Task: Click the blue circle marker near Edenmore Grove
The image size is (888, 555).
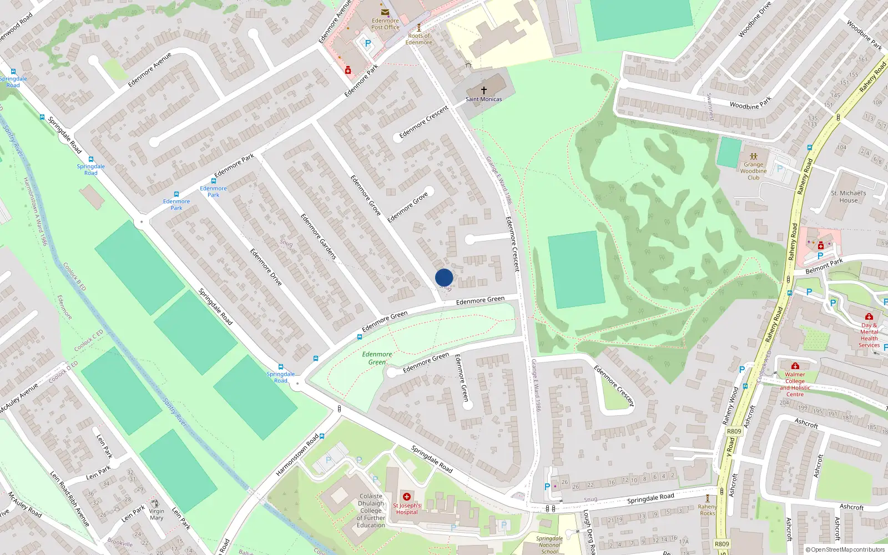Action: pyautogui.click(x=444, y=277)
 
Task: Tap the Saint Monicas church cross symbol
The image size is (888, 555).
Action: pyautogui.click(x=483, y=90)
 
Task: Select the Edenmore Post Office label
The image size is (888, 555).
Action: pyautogui.click(x=385, y=24)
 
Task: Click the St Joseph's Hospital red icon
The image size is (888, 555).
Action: pyautogui.click(x=407, y=497)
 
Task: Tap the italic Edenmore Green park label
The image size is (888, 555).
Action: pyautogui.click(x=377, y=358)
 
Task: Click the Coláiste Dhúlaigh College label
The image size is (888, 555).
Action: pyautogui.click(x=371, y=511)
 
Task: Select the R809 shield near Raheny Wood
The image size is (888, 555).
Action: pyautogui.click(x=734, y=431)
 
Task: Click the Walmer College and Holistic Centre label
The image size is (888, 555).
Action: pyautogui.click(x=795, y=384)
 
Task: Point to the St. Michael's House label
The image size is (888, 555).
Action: pyautogui.click(x=848, y=196)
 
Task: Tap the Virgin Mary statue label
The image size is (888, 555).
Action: pyautogui.click(x=157, y=514)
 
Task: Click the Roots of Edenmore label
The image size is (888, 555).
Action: pyautogui.click(x=418, y=39)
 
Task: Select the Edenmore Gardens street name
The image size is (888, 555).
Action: pyautogui.click(x=319, y=236)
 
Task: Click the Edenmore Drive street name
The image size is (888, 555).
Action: pyautogui.click(x=266, y=267)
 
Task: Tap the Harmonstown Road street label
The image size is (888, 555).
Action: pyautogui.click(x=297, y=455)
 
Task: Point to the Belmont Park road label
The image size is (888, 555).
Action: pyautogui.click(x=824, y=266)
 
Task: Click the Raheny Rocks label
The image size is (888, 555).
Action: pyautogui.click(x=707, y=509)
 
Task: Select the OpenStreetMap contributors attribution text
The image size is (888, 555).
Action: pyautogui.click(x=845, y=549)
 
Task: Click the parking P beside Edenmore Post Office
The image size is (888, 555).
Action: pyautogui.click(x=367, y=43)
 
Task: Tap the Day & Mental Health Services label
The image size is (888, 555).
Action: pyautogui.click(x=869, y=335)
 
